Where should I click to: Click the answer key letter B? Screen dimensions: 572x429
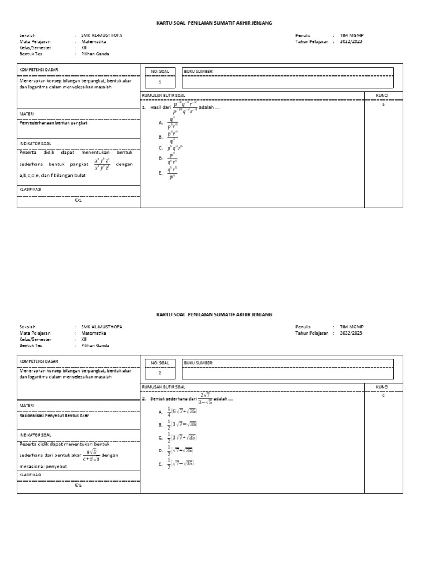point(383,104)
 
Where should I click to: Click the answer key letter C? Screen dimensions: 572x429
point(383,395)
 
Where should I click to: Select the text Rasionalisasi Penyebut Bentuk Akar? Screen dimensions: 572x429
point(54,415)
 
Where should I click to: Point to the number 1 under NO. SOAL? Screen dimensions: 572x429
point(160,82)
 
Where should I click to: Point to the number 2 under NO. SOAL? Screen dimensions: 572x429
point(160,373)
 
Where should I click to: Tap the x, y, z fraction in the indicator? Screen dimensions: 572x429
point(102,164)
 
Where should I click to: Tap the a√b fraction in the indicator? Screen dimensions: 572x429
point(90,455)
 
